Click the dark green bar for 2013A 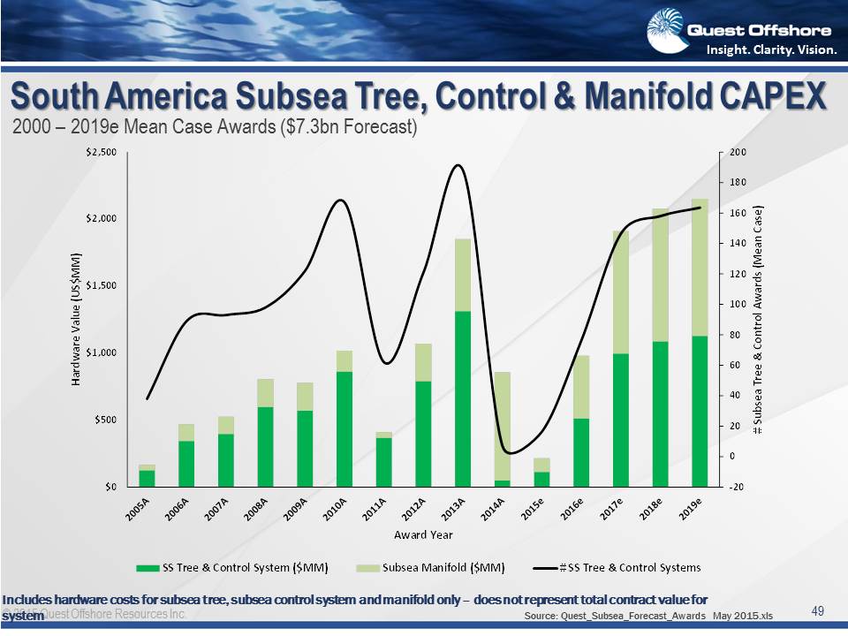coord(463,398)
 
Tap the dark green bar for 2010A coord(344,428)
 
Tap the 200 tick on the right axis coord(738,153)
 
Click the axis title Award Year coord(423,534)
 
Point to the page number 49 coord(817,611)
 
